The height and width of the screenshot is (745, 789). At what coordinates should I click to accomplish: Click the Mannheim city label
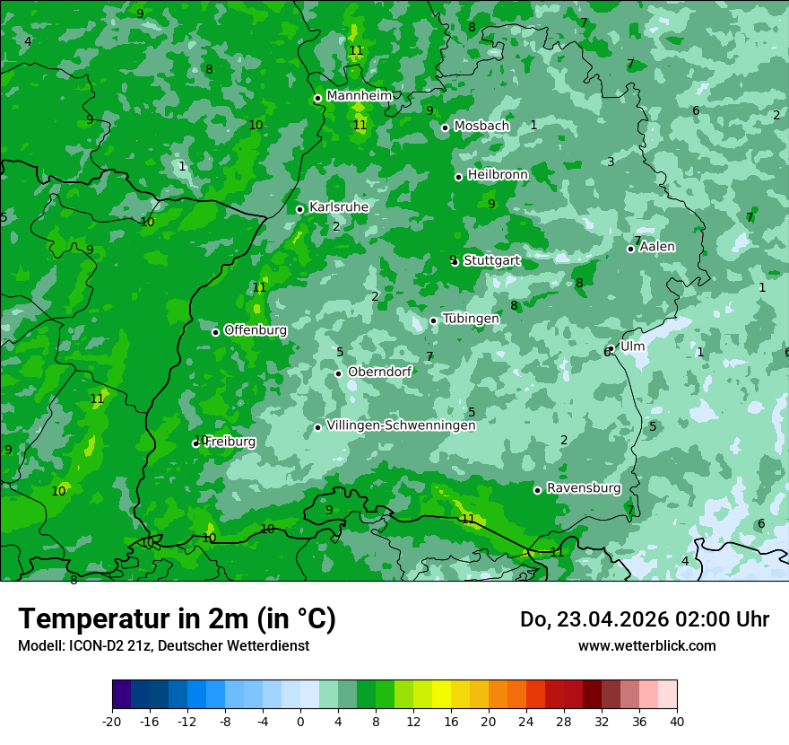point(360,95)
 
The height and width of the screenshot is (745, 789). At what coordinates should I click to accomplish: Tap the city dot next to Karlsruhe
point(300,209)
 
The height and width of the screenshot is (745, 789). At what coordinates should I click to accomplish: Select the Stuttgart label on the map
point(491,260)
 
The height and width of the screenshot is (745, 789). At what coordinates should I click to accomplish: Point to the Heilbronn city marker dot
point(459,177)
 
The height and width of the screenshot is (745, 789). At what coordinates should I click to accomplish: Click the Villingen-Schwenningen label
point(401,425)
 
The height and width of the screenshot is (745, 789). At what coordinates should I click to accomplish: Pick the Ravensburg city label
point(584,488)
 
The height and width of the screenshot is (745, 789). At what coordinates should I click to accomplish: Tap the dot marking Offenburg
point(215,332)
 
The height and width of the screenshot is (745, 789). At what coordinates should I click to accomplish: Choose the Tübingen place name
point(471,319)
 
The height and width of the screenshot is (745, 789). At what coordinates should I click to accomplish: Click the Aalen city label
point(657,247)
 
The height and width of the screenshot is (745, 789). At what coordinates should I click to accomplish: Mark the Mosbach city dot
point(445,127)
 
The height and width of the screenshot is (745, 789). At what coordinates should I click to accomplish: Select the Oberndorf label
point(380,372)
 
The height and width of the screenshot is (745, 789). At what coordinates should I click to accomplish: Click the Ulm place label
point(632,346)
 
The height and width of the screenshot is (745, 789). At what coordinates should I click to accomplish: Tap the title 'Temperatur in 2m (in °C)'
point(178,619)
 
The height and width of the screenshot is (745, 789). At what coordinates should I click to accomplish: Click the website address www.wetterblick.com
point(647,645)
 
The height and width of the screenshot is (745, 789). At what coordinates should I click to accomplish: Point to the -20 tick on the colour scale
point(112,721)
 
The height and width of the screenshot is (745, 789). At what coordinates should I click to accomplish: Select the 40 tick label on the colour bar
point(677,721)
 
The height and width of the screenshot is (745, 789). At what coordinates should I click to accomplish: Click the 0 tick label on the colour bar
point(300,721)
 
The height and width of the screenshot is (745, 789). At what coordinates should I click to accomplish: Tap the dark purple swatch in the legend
point(121,695)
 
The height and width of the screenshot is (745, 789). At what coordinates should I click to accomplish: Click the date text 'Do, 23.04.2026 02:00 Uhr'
point(645,619)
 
